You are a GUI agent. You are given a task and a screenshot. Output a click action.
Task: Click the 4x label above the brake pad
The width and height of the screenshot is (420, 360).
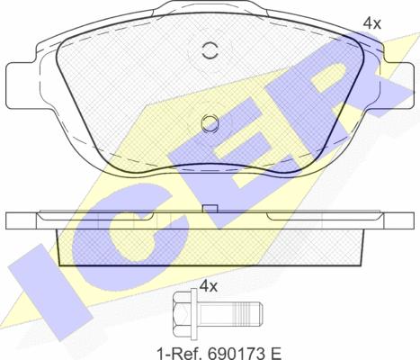[x=371, y=23]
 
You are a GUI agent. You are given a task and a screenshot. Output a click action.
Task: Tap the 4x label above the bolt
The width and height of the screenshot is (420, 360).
[x=208, y=286]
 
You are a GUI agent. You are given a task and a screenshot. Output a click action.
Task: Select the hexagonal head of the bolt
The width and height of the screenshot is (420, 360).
[x=182, y=317]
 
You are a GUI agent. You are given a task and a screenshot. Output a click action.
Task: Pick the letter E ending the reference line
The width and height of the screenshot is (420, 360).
[x=274, y=354]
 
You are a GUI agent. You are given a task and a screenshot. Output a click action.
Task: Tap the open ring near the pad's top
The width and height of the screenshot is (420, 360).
[x=210, y=50]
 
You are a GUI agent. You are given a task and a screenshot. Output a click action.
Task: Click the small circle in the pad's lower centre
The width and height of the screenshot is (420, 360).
[x=210, y=123]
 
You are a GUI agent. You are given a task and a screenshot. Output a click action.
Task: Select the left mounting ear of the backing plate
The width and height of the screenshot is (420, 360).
[x=22, y=85]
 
